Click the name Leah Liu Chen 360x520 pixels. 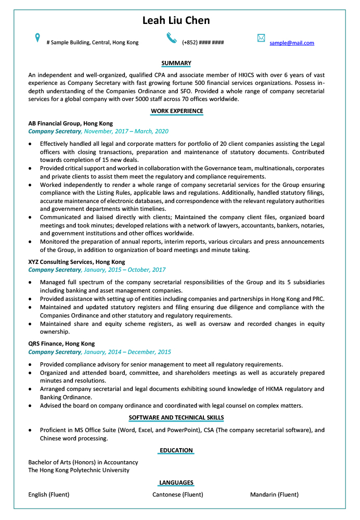point(176,20)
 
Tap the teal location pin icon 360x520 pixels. point(37,37)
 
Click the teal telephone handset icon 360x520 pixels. point(172,37)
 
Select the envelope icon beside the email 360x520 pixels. point(261,38)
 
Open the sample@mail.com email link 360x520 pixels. point(291,43)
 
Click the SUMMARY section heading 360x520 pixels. point(176,64)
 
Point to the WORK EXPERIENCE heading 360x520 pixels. point(176,111)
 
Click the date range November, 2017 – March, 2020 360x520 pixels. point(126,132)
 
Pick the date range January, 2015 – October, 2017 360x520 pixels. point(125,270)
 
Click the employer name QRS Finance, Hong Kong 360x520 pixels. point(61,344)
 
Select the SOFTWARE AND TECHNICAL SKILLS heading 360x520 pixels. point(176,418)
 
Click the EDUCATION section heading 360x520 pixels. point(176,450)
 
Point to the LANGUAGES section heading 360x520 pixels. point(176,483)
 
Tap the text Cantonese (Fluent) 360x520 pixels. point(178,494)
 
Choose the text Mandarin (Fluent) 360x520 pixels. point(274,494)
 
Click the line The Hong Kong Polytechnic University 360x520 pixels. point(79,470)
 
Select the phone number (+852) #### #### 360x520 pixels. point(203,43)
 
